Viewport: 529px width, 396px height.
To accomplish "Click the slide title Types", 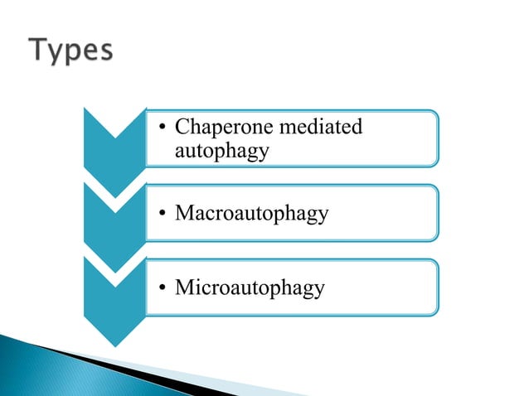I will click(x=73, y=52).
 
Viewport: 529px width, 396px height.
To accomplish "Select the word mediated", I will click(x=323, y=128).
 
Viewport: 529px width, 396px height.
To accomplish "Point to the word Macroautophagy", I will click(x=251, y=214).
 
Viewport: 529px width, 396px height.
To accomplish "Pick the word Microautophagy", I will click(x=250, y=288).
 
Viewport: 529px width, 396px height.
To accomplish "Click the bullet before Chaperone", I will click(x=163, y=128).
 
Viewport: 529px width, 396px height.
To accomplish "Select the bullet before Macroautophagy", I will click(x=163, y=214).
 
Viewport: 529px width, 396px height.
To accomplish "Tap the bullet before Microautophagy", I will click(x=163, y=288).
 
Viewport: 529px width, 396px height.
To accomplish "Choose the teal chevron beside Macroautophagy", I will click(x=115, y=217).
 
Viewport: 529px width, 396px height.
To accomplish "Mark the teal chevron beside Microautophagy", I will click(x=115, y=294).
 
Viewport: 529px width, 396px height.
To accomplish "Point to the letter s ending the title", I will click(x=105, y=54).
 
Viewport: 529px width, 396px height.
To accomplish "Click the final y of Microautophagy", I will click(x=319, y=291).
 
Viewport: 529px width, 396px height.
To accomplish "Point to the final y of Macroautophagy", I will click(x=323, y=216).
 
